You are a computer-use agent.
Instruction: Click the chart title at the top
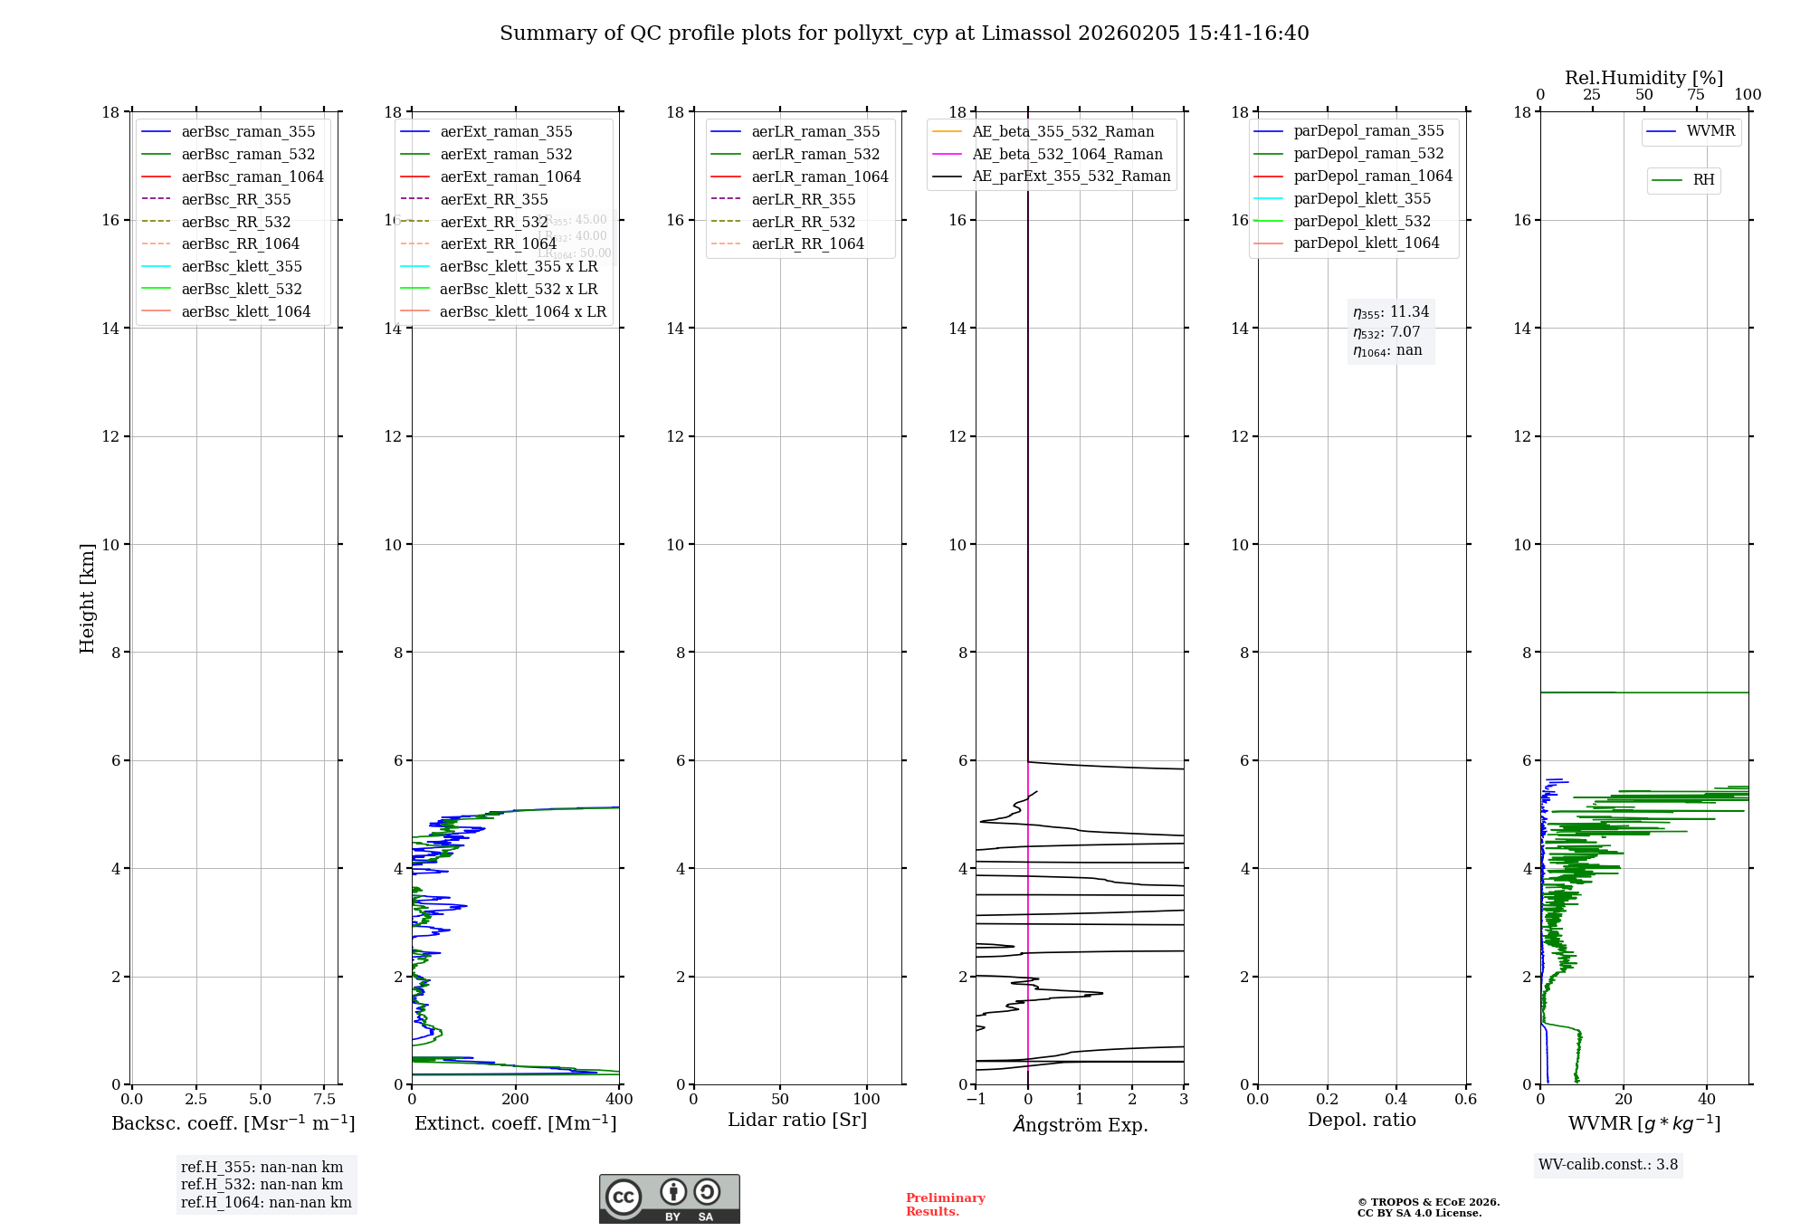click(x=904, y=33)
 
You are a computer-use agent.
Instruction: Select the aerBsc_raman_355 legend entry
click(x=247, y=132)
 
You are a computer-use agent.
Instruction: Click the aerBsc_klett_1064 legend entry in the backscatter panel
click(x=245, y=311)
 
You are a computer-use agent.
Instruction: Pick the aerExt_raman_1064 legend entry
click(x=510, y=177)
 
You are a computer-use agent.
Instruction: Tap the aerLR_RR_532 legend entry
click(x=803, y=222)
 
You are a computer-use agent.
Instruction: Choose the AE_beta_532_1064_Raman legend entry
click(x=1067, y=155)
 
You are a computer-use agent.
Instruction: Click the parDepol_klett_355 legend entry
click(x=1362, y=199)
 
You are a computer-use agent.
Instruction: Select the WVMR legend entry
click(x=1710, y=131)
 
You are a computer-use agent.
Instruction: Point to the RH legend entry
click(x=1703, y=180)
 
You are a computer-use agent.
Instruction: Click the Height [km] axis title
click(x=87, y=598)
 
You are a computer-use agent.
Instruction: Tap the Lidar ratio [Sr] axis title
click(x=796, y=1121)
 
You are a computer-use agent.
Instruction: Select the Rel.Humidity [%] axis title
click(x=1643, y=78)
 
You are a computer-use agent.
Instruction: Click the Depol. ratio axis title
click(x=1361, y=1121)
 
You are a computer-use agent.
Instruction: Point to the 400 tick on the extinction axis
click(x=619, y=1100)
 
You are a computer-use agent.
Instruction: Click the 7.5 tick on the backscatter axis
click(x=325, y=1100)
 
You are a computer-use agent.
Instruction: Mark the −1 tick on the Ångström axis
click(x=975, y=1100)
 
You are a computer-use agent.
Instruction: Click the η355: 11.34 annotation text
click(x=1391, y=312)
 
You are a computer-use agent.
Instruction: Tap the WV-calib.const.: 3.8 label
click(x=1608, y=1165)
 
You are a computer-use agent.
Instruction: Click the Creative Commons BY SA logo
click(x=669, y=1198)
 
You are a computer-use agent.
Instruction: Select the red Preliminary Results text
click(x=945, y=1205)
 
